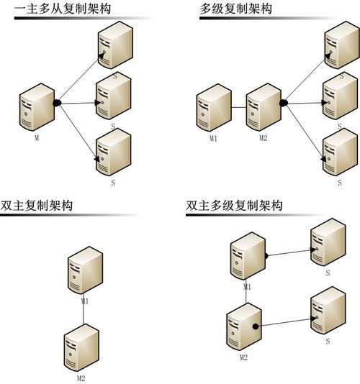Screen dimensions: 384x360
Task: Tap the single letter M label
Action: coord(36,135)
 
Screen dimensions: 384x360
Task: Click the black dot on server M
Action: coord(56,103)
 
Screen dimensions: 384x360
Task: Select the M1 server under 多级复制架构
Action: coord(213,108)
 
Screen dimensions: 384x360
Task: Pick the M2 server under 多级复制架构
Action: coord(263,108)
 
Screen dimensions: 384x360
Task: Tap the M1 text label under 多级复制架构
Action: coord(212,137)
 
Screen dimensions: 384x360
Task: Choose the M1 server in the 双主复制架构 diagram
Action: coord(83,270)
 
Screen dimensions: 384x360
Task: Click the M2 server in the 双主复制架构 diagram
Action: coord(81,348)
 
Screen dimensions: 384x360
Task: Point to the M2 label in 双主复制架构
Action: coord(81,376)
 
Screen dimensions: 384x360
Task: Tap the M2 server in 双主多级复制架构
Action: coord(243,327)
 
